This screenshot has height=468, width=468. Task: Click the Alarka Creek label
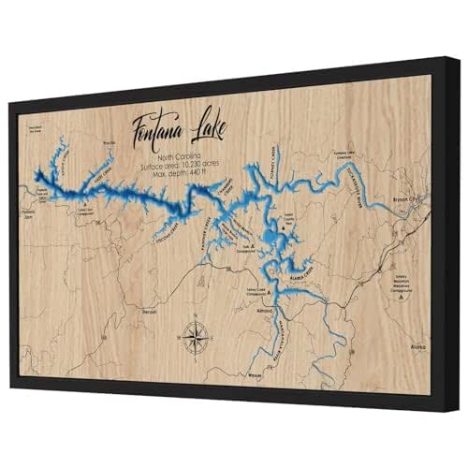point(306,276)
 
